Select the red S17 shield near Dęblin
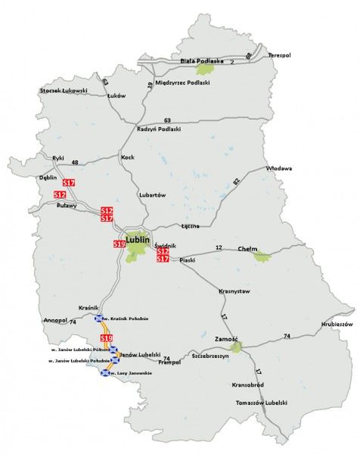[x=69, y=183]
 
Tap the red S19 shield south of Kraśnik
[x=106, y=337]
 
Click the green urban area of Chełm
[x=262, y=257]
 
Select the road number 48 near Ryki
[x=75, y=163]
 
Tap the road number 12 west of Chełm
[x=219, y=247]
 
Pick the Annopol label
[x=57, y=320]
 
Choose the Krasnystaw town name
[x=234, y=291]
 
